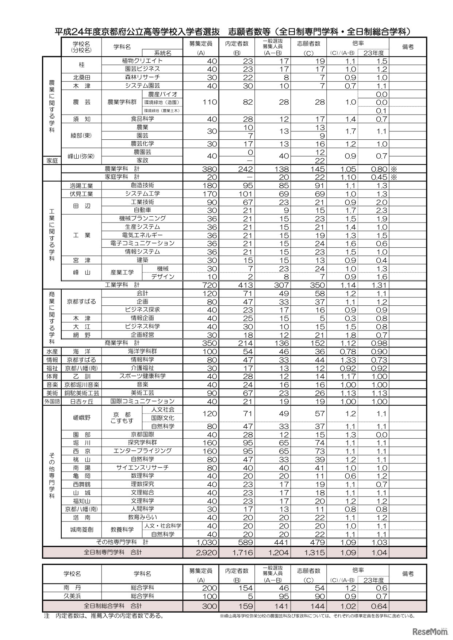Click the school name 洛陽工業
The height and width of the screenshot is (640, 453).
pos(81,185)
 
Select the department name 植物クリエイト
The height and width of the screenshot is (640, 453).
pos(142,61)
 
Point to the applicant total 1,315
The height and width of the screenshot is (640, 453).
pos(314,552)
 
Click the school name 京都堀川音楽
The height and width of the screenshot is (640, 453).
pos(81,385)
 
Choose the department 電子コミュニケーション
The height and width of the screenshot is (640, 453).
pos(142,243)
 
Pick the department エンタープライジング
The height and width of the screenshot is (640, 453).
pos(142,451)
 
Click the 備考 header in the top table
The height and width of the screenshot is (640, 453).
pos(408,47)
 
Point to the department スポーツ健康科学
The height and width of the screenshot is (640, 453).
pos(142,376)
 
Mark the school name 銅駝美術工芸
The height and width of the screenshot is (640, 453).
pos(81,393)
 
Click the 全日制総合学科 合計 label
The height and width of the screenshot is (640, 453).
pos(113,606)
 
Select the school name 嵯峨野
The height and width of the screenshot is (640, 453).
pos(81,418)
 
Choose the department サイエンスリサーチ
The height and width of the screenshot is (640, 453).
pos(142,468)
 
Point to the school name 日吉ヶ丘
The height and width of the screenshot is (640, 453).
pos(81,401)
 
